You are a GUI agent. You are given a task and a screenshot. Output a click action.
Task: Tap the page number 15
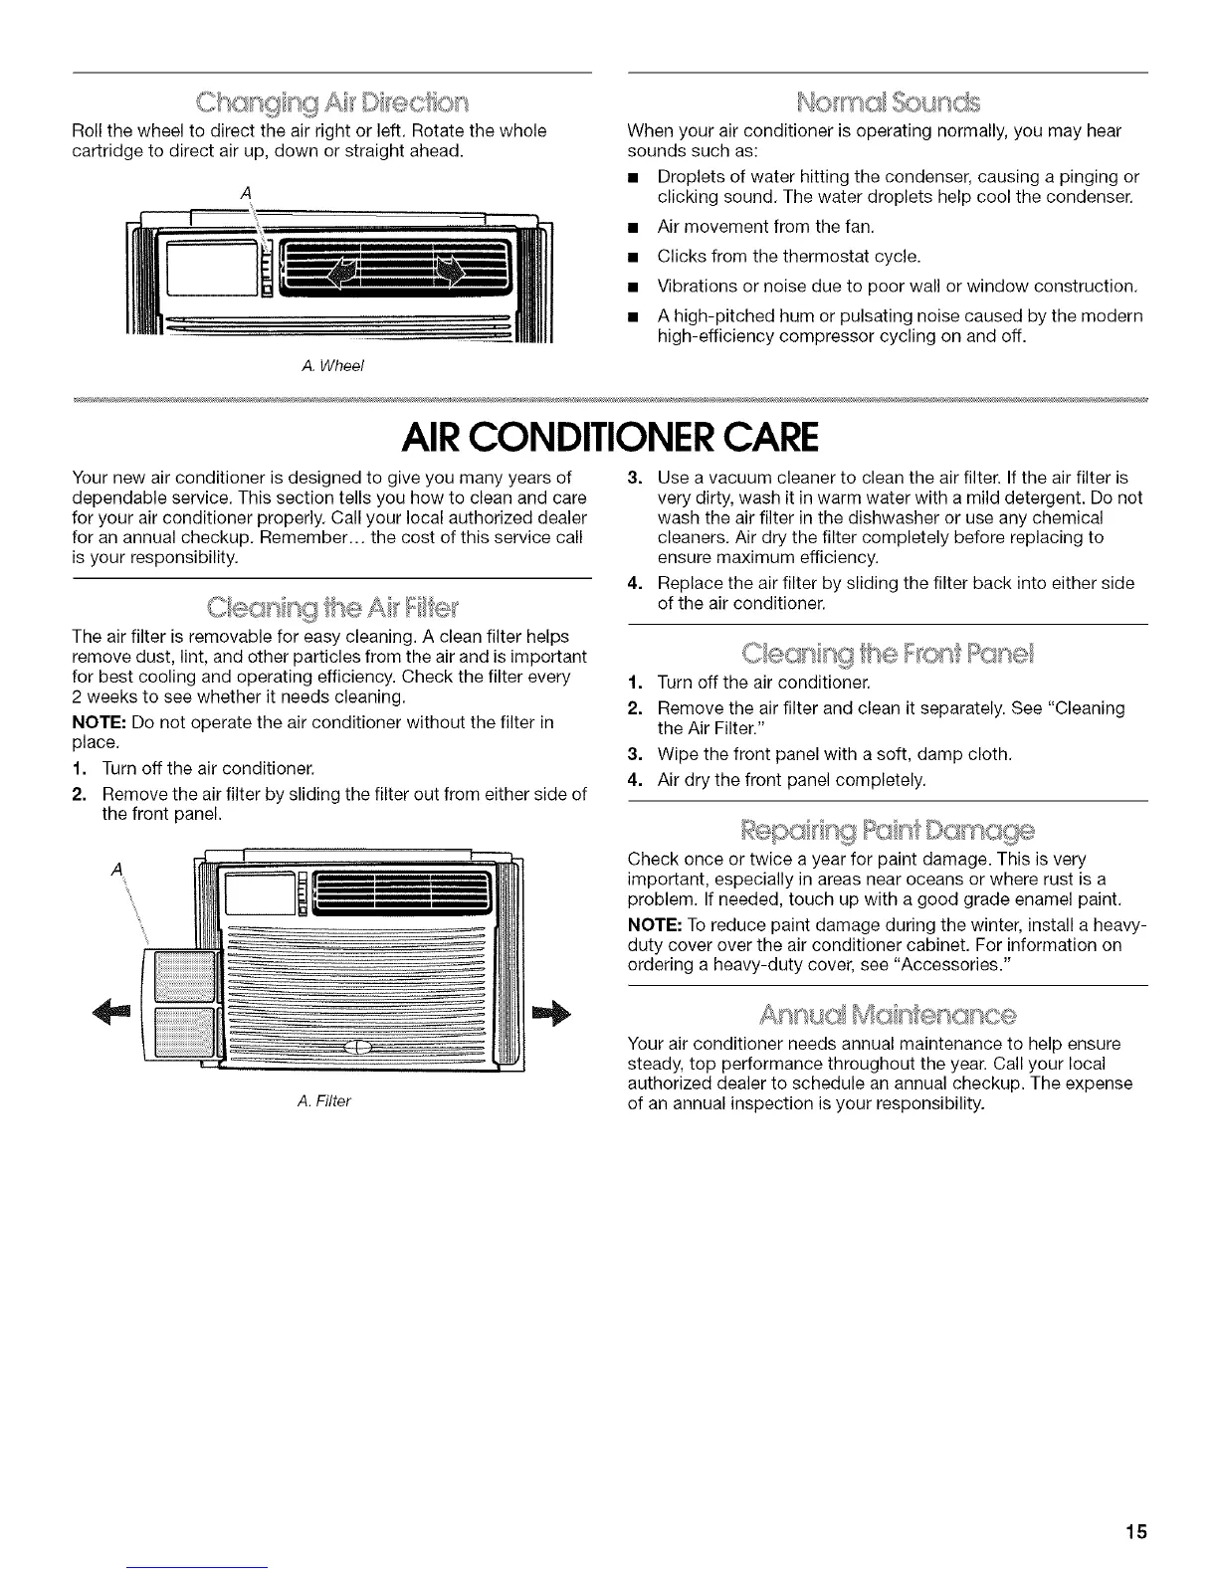(x=1136, y=1532)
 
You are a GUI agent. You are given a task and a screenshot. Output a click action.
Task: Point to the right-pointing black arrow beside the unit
(x=548, y=1014)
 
